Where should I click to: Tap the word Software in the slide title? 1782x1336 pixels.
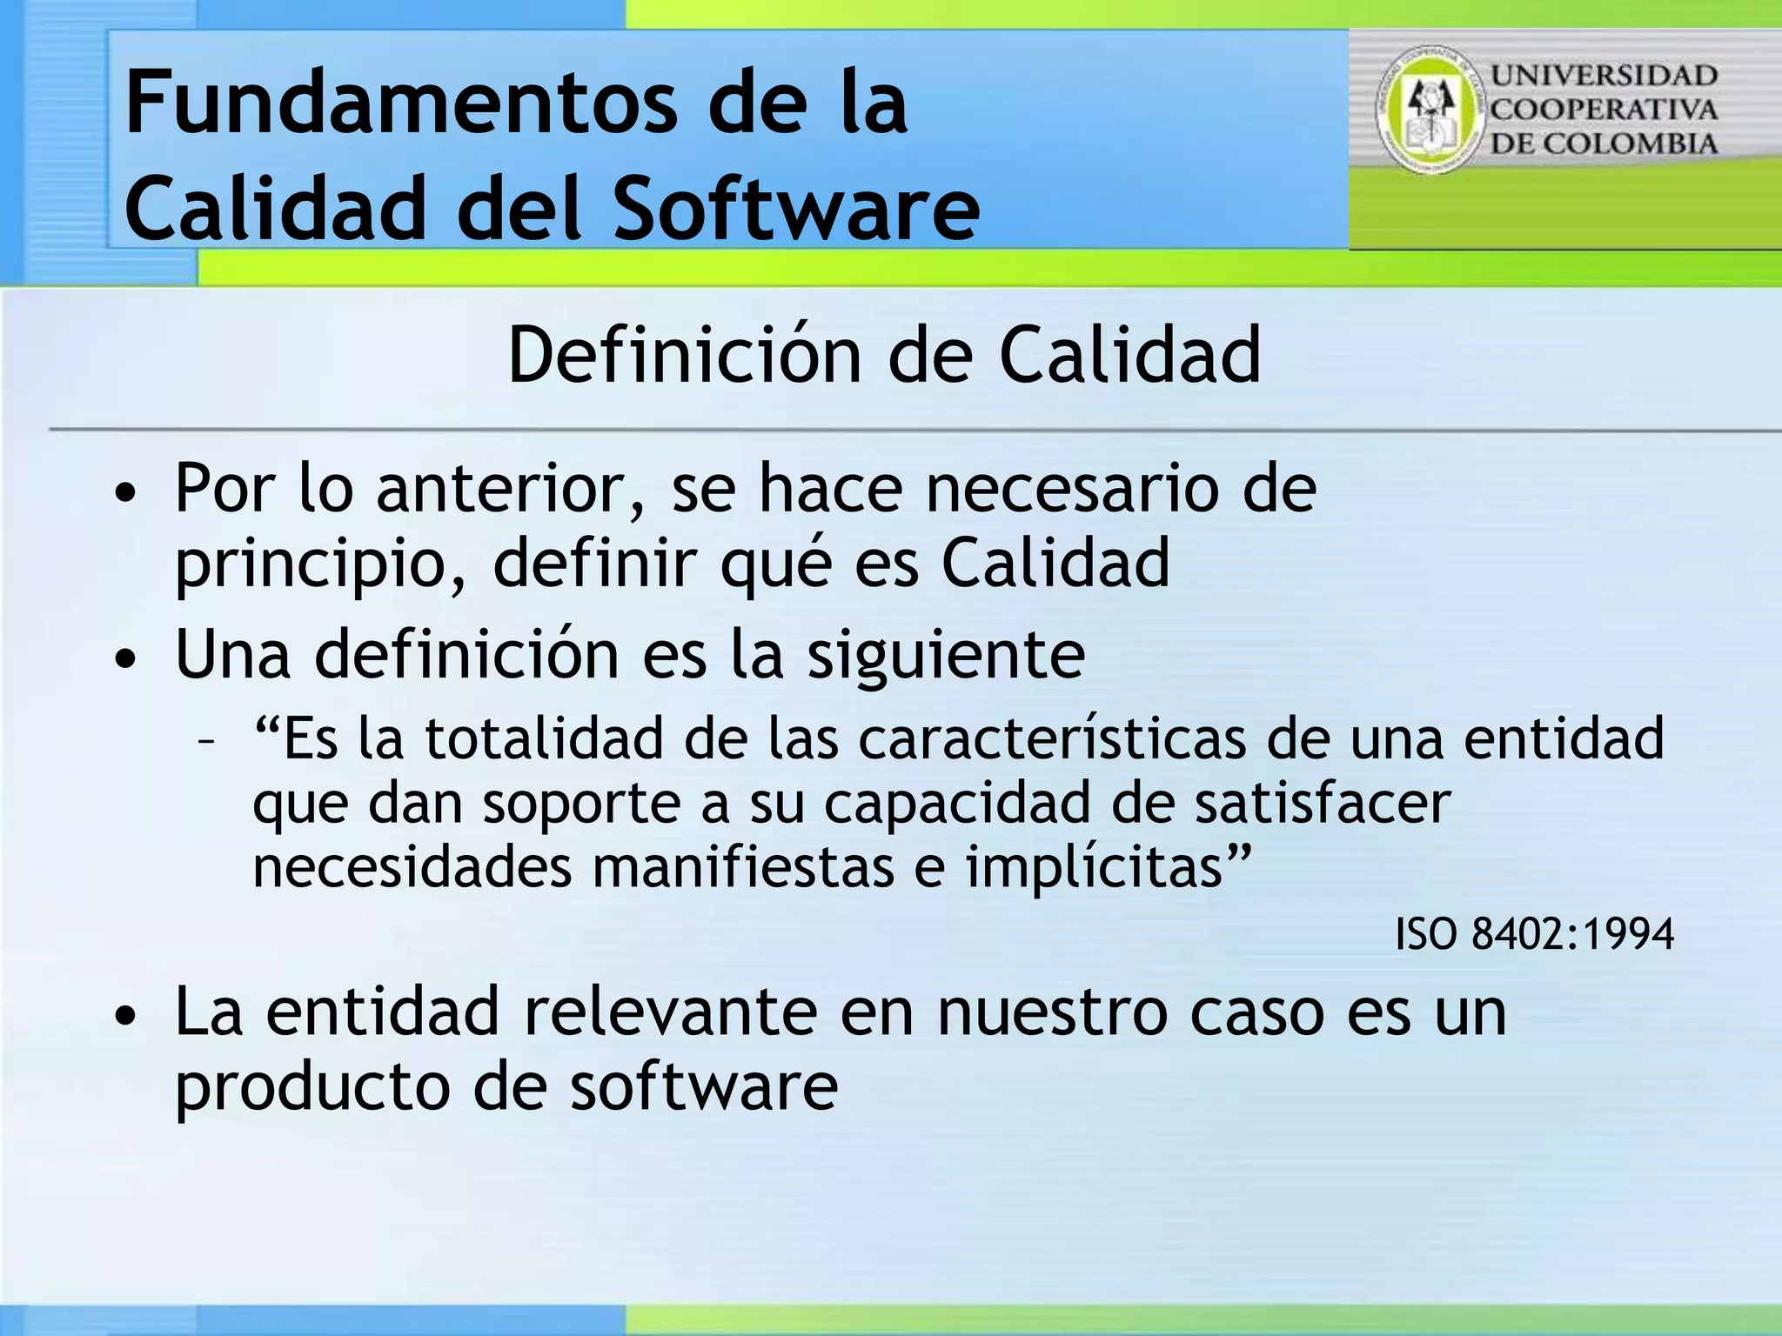(x=796, y=209)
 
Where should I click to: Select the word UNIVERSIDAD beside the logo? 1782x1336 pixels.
(x=1604, y=76)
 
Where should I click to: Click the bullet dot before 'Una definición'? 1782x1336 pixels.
(x=127, y=659)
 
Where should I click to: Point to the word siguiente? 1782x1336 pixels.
(x=946, y=654)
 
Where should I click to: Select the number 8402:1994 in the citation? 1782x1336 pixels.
(x=1572, y=934)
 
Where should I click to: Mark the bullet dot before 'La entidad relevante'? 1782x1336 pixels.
(x=127, y=1016)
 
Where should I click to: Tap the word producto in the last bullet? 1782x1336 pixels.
(x=312, y=1087)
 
